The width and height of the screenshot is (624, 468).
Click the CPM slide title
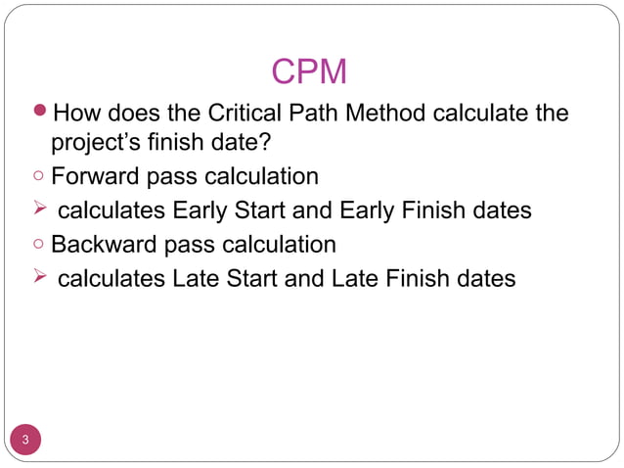[x=309, y=71]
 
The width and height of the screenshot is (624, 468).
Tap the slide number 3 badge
[x=26, y=439]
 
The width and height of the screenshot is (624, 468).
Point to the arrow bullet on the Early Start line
[x=38, y=211]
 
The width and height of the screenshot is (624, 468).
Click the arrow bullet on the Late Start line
[x=38, y=278]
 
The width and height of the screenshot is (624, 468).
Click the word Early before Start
[x=202, y=211]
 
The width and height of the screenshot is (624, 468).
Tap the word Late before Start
[x=198, y=278]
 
